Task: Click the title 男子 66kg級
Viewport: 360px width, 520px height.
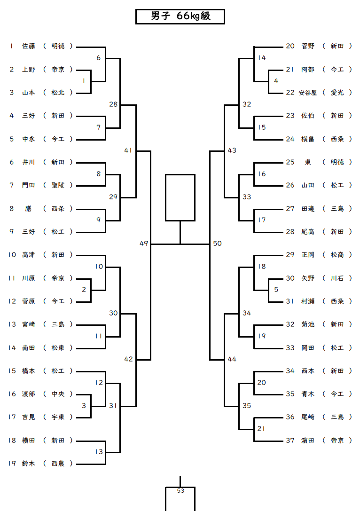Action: coord(180,16)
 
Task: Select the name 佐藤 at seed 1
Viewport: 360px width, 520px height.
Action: coord(29,46)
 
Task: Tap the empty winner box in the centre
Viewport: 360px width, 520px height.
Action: coord(180,197)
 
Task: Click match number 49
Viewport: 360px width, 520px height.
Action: coord(144,244)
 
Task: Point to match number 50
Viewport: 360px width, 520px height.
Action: coord(217,244)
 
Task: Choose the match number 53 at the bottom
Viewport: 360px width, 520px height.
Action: coord(180,491)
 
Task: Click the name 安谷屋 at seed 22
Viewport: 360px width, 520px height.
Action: coord(308,93)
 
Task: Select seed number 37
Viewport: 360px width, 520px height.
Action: coord(290,441)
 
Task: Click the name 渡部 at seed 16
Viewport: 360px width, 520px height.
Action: coord(29,394)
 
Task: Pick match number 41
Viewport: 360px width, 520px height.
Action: coord(129,150)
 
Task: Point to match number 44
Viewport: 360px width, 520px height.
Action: coord(232,359)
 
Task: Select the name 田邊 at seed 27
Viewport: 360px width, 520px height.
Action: coord(308,208)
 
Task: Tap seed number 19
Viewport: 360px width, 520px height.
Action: coord(12,464)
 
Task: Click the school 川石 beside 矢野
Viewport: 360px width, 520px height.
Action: coord(337,278)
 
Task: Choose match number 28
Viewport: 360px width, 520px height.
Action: coord(113,104)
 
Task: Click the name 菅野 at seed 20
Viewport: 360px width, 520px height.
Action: coord(308,46)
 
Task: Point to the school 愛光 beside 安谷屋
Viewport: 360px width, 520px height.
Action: coord(337,93)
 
